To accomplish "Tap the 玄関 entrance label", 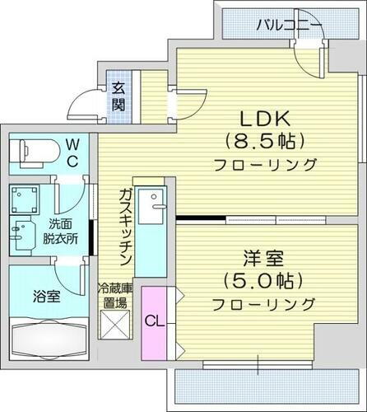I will (x=118, y=96).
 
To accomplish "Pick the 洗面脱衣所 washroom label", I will (x=61, y=230).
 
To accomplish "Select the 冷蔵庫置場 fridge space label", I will (x=114, y=296).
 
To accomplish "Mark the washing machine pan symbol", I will (x=24, y=200).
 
